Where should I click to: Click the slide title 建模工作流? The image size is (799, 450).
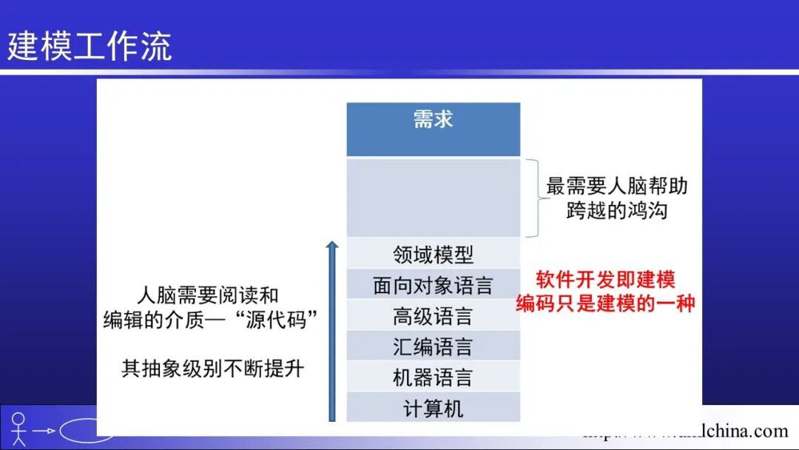coord(90,46)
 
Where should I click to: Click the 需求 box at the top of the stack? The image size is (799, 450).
coord(433,129)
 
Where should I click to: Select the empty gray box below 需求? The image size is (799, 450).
coord(433,197)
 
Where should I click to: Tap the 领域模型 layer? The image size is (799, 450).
coord(433,255)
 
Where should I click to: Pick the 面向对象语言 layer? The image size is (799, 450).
coord(433,286)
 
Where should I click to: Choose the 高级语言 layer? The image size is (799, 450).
coord(433,317)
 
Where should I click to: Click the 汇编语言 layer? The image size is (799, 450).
coord(433,347)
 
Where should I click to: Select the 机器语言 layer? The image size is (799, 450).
coord(433,378)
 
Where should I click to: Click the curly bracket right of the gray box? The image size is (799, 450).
coord(533,198)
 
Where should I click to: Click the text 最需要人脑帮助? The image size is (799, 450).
coord(617,186)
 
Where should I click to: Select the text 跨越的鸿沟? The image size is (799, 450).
coord(617,211)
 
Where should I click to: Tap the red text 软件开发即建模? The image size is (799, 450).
coord(605,280)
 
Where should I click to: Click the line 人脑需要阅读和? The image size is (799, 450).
coord(208,295)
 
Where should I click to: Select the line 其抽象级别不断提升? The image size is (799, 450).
coord(212,369)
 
